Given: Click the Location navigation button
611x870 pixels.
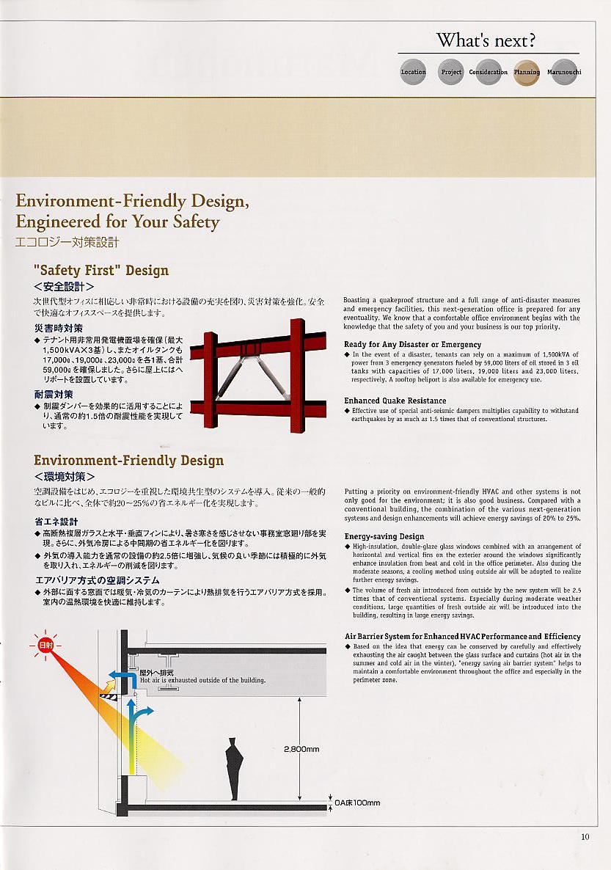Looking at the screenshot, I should [413, 72].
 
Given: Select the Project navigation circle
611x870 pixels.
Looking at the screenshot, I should [451, 72].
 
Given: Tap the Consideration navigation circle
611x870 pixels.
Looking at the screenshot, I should [489, 72].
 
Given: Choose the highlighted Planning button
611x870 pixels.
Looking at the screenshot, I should [527, 72].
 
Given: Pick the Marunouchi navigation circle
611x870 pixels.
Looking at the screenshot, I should [564, 72].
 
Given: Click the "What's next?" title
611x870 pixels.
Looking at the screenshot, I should [486, 40].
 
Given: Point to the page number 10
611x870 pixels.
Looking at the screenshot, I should [585, 836].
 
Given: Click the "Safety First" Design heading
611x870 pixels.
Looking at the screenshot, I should [101, 270].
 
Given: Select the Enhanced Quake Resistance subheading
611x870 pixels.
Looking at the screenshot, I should [395, 401].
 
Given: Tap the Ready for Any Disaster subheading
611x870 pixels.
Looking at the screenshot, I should [412, 344].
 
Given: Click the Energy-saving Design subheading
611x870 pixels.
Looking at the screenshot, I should [384, 536].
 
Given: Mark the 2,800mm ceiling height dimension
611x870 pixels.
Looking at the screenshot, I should [301, 749].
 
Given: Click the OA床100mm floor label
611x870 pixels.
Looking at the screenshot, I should [357, 803].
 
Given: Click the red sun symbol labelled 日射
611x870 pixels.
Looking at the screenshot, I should [45, 645].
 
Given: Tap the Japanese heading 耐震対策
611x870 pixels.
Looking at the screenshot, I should [54, 395].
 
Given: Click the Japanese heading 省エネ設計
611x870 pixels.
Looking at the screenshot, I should [56, 522].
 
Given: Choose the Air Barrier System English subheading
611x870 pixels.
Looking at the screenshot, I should [462, 636].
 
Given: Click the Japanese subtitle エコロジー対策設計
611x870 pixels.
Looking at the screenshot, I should [67, 242].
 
